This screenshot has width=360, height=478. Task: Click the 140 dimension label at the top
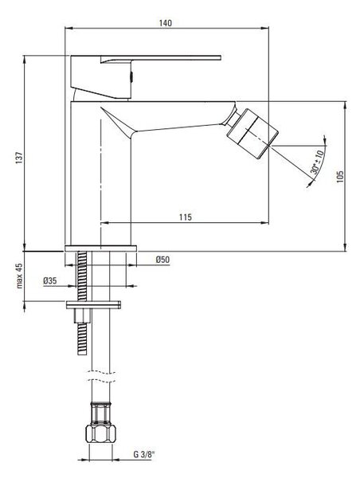point(166,23)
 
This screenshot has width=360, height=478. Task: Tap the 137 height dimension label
point(19,158)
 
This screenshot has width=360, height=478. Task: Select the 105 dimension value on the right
point(340,177)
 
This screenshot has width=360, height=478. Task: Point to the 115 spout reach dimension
point(186,217)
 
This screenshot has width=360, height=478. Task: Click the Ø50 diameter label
point(162,260)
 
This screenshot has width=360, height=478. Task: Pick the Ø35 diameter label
point(50,280)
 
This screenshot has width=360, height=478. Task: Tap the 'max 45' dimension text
point(19,276)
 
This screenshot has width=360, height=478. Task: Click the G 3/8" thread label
point(144,454)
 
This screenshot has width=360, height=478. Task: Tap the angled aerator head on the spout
point(252,134)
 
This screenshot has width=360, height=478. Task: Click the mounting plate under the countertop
point(93,304)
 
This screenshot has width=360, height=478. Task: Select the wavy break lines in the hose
point(100,376)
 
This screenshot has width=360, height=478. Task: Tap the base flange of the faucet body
point(100,248)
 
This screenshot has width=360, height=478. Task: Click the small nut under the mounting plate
point(82,315)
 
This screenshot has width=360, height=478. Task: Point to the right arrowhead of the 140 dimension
point(265,29)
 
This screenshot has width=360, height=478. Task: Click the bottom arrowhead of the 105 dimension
point(345,248)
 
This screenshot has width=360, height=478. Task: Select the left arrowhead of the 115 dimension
point(104,223)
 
